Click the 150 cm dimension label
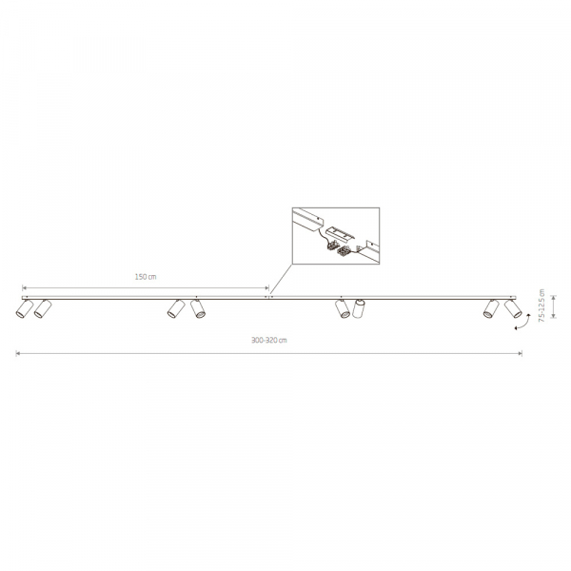(146, 277)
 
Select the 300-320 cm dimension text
(269, 340)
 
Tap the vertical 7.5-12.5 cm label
(541, 305)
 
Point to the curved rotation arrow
(522, 323)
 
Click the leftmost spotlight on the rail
(24, 308)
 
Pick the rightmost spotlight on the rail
(513, 308)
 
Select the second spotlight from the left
(43, 308)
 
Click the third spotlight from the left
(176, 308)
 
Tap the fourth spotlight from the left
(198, 308)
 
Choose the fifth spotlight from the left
(343, 308)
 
